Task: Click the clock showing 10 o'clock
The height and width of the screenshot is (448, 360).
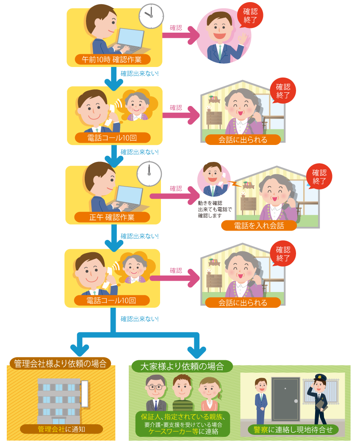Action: (x=151, y=16)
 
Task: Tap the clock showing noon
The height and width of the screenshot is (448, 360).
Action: (x=149, y=173)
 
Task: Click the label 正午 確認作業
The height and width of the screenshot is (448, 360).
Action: (x=112, y=217)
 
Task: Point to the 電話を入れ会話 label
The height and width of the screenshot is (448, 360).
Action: (x=259, y=225)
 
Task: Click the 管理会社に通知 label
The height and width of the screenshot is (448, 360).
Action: (x=61, y=429)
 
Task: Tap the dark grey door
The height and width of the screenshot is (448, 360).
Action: (x=285, y=398)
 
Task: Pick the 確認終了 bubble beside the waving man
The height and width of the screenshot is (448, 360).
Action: (x=250, y=16)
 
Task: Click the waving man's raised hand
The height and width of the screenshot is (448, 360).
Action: (x=243, y=39)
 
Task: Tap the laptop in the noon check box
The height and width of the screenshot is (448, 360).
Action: (x=130, y=197)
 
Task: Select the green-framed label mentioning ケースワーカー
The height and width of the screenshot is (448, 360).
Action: (x=183, y=424)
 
